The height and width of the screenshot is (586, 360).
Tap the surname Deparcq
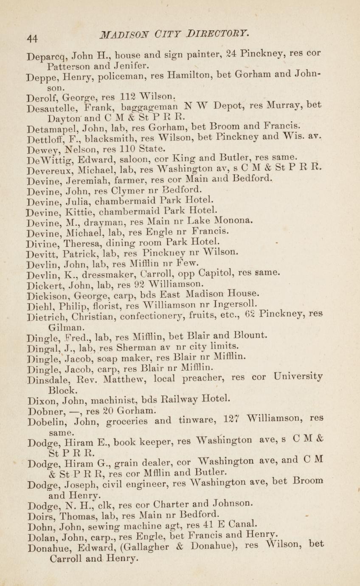point(46,56)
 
